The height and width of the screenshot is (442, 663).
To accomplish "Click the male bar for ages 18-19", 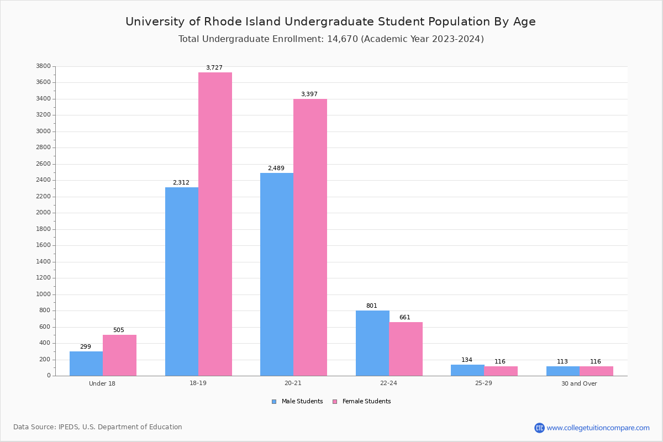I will [182, 281].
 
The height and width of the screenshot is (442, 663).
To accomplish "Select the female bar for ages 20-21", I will [310, 237].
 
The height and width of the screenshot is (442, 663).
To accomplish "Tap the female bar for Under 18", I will [119, 355].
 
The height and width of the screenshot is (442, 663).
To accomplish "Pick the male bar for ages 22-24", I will [372, 343].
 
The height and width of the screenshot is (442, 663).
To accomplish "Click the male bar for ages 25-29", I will [467, 370].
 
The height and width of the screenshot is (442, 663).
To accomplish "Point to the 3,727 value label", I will [214, 68].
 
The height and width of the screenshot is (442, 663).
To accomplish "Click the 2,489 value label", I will [276, 168].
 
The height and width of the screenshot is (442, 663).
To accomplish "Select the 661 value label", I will [405, 318].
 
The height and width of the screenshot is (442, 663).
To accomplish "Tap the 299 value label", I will [86, 347].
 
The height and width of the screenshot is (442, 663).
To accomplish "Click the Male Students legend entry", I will [302, 402].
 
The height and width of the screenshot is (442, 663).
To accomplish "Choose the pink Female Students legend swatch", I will [335, 402].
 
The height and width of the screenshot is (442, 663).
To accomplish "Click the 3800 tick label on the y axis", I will [43, 66].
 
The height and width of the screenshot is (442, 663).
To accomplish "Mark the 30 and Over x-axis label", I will [579, 383].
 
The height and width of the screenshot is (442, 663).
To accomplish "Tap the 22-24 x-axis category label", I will [388, 383].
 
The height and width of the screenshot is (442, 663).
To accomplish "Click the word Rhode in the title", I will [223, 22].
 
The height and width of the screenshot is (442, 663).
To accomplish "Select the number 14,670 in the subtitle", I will [339, 39].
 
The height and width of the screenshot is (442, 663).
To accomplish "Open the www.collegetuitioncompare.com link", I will [598, 428].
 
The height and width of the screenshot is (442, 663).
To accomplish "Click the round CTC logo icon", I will [539, 428].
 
